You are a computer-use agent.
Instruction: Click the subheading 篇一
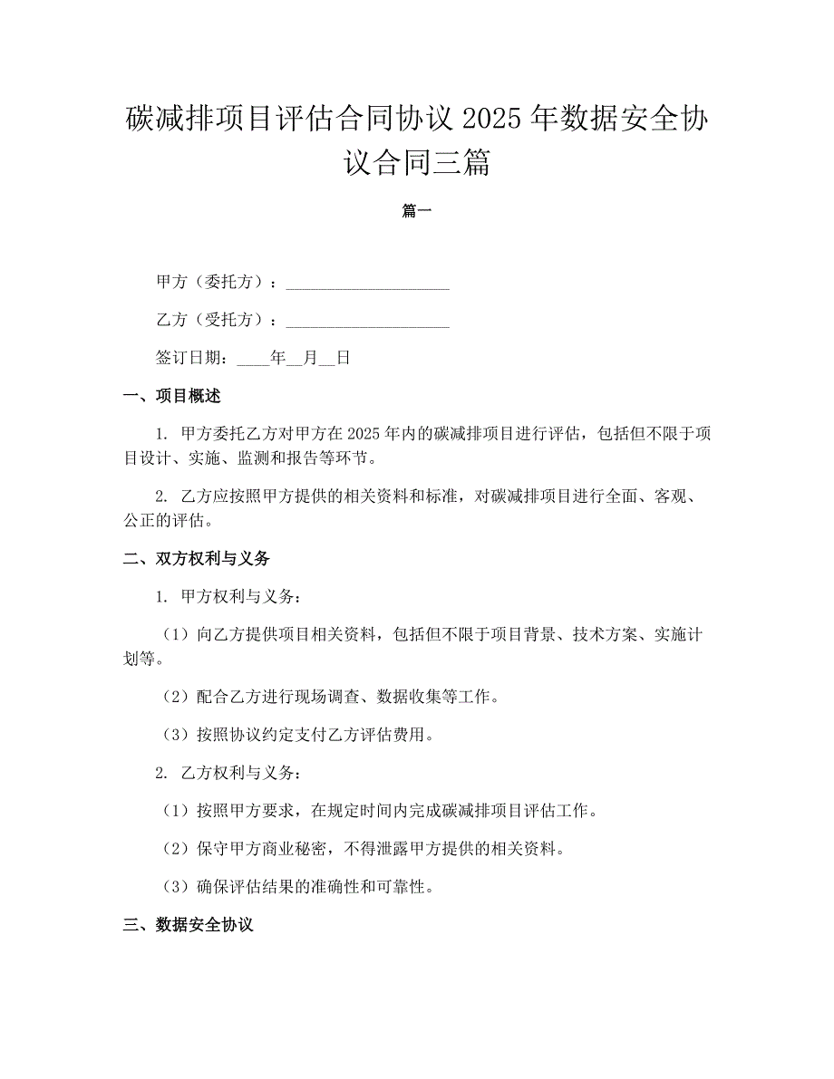pos(416,211)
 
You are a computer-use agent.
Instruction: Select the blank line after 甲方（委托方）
pos(367,284)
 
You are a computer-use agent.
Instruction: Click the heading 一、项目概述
pos(171,396)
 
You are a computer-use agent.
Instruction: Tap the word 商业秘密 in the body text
pos(295,849)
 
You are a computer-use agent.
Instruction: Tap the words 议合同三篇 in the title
pos(416,164)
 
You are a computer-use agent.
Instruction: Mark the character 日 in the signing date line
pos(343,358)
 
